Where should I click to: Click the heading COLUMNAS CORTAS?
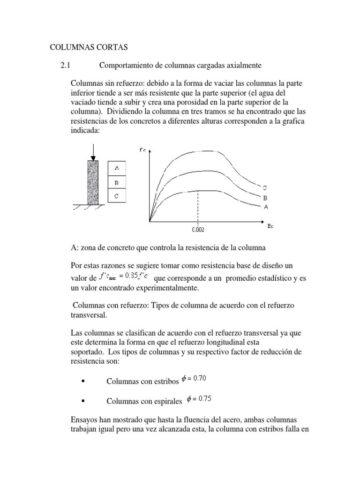click(x=89, y=47)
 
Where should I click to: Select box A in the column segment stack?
click(x=117, y=167)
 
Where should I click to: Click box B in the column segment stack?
click(x=117, y=182)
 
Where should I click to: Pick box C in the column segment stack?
click(x=117, y=196)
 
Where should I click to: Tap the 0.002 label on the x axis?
click(x=198, y=230)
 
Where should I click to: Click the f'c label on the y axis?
click(x=142, y=150)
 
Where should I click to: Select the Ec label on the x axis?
click(x=270, y=226)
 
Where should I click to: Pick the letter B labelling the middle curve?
click(x=265, y=198)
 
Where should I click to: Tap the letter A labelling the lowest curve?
click(x=266, y=206)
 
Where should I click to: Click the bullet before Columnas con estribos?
click(x=83, y=381)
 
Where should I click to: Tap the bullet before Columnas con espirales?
click(x=83, y=401)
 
